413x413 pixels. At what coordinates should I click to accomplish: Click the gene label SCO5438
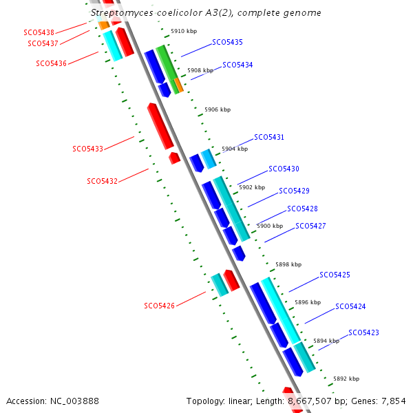pos(39,32)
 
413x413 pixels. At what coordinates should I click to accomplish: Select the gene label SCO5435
pos(227,42)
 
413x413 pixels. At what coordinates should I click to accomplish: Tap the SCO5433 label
pos(87,149)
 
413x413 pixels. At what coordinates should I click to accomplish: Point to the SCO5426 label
pos(160,306)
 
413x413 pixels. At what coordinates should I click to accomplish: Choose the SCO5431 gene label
pos(269,137)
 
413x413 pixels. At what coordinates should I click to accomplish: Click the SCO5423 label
pos(363,332)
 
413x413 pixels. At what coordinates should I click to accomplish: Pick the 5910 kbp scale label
pos(184,31)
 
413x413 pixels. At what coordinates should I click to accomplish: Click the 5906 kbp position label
pos(218,109)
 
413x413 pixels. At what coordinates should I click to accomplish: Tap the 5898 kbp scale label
pos(288,264)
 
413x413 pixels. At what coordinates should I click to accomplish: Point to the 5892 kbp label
pos(346,379)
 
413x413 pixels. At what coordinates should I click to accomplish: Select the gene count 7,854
pos(394,401)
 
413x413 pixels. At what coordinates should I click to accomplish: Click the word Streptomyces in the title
pos(122,13)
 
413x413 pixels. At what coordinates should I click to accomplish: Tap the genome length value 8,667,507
pos(310,401)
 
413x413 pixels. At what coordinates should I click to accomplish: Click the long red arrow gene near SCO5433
pos(160,126)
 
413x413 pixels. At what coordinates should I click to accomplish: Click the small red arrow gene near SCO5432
pos(174,158)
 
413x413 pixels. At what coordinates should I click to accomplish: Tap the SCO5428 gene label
pos(302,209)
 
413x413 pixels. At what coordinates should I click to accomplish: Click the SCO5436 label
pos(52,63)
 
